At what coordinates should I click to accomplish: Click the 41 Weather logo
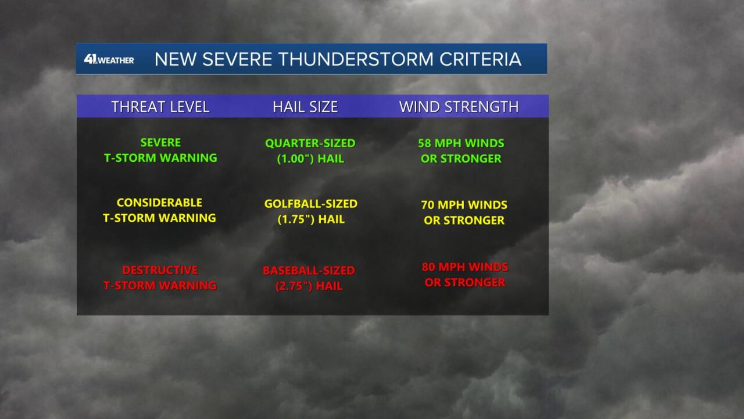109,59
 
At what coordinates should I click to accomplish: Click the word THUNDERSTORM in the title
356,59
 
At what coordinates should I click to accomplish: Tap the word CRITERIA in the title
480,59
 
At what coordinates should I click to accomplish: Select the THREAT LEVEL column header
160,106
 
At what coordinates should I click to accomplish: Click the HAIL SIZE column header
305,106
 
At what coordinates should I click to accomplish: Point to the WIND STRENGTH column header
459,106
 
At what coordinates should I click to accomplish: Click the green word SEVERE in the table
160,143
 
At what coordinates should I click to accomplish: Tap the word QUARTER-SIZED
310,143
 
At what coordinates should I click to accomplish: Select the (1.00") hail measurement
296,159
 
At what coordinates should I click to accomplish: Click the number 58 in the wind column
424,143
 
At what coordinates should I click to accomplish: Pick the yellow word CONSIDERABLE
159,203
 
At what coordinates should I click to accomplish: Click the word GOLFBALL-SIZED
311,204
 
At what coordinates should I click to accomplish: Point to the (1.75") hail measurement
296,219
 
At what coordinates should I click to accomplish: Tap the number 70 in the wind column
428,204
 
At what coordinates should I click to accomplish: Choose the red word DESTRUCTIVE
160,269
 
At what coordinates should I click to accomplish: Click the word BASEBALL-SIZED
309,271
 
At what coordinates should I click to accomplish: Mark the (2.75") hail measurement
294,286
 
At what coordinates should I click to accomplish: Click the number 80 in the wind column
428,267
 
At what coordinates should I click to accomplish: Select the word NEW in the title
176,59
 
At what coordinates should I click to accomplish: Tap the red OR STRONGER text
465,282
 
